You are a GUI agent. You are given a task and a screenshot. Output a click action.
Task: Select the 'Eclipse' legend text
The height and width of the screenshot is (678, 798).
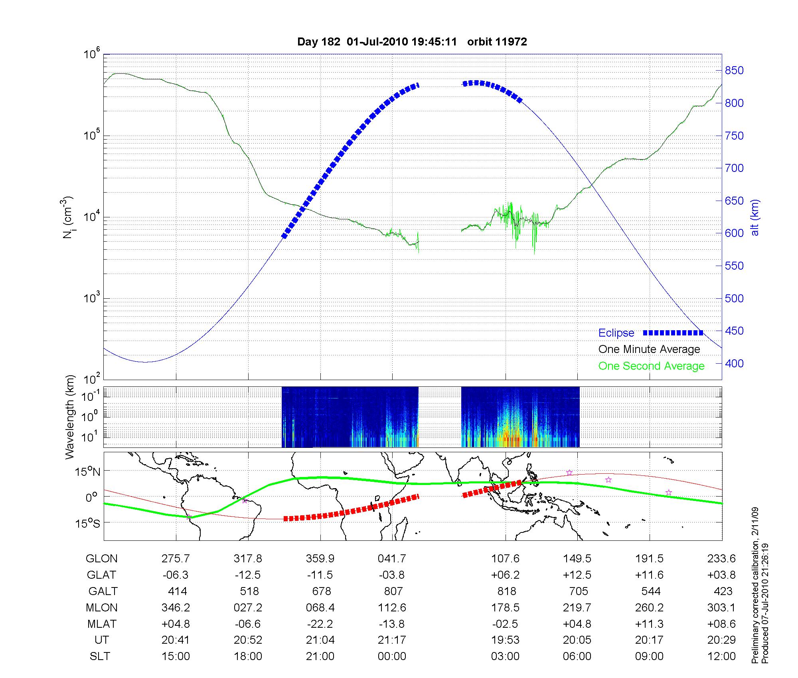[x=616, y=333]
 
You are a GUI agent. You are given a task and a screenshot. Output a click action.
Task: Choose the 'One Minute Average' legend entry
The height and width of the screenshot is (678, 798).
[x=649, y=349]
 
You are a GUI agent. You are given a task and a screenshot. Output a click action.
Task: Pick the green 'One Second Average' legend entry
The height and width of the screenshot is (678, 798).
[x=651, y=366]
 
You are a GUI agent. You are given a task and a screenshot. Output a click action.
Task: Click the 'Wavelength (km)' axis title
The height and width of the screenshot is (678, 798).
[x=70, y=417]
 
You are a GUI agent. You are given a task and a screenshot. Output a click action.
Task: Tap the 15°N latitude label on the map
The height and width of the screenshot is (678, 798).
[x=87, y=472]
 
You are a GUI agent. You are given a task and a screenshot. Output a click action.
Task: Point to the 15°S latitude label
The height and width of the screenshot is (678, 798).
[x=87, y=523]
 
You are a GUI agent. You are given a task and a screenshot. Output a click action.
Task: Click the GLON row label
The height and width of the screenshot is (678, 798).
[x=101, y=559]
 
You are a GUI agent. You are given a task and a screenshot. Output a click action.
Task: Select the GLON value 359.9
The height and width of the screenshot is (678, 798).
[x=320, y=559]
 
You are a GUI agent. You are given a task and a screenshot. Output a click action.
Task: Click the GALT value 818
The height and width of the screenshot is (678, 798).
[x=506, y=591]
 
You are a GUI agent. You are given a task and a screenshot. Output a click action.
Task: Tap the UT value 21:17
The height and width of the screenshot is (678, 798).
[x=392, y=640]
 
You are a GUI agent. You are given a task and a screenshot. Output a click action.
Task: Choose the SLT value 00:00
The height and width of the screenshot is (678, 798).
[x=392, y=656]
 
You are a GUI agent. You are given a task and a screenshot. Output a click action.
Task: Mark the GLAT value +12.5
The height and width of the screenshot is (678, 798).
[x=577, y=575]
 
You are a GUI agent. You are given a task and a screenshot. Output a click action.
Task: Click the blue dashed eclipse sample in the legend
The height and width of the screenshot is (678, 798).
[x=673, y=333]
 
